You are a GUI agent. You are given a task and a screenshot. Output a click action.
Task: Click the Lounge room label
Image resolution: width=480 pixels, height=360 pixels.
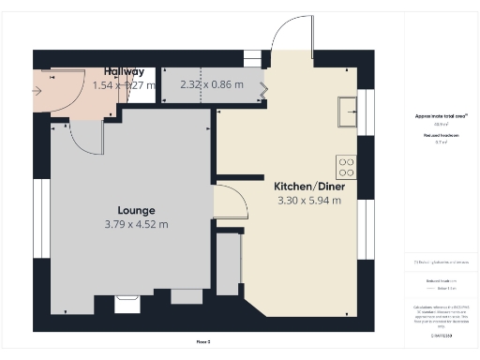click(x=136, y=210)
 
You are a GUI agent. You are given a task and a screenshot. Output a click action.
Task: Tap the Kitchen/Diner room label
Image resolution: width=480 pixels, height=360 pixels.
click(x=308, y=186)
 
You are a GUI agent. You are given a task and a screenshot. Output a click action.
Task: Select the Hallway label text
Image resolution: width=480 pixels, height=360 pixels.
click(x=125, y=71)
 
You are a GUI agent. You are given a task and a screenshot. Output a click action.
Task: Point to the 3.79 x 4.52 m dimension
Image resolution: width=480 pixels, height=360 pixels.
click(x=136, y=224)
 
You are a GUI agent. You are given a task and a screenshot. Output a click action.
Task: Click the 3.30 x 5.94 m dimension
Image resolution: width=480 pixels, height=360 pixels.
click(x=309, y=200)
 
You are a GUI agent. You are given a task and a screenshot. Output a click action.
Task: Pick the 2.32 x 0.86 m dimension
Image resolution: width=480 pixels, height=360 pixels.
click(x=211, y=85)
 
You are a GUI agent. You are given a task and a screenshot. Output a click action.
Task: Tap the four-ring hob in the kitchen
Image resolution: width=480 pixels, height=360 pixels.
click(x=346, y=167)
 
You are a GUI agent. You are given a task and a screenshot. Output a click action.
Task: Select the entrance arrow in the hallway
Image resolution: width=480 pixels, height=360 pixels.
click(x=37, y=92)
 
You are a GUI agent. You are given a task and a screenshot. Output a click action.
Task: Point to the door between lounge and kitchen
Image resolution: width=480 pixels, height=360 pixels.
click(x=230, y=202)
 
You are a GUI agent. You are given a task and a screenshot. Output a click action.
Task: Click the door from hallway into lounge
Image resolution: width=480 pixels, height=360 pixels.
click(x=86, y=137)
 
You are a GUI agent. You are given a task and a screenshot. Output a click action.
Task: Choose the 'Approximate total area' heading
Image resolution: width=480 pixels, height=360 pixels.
click(x=441, y=115)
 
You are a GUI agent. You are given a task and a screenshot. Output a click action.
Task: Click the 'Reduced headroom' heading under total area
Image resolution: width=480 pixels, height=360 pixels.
click(x=441, y=136)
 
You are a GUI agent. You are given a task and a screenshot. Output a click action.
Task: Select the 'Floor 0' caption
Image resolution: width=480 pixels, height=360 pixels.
click(x=203, y=341)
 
